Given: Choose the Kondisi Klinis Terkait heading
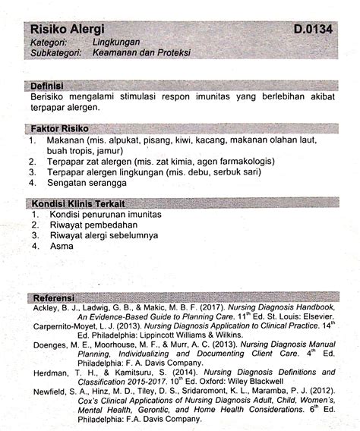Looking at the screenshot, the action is click(78, 203).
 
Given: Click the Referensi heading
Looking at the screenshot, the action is click(53, 297).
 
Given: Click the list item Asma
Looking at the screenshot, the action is click(61, 247).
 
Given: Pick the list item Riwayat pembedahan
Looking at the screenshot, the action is click(95, 225).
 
